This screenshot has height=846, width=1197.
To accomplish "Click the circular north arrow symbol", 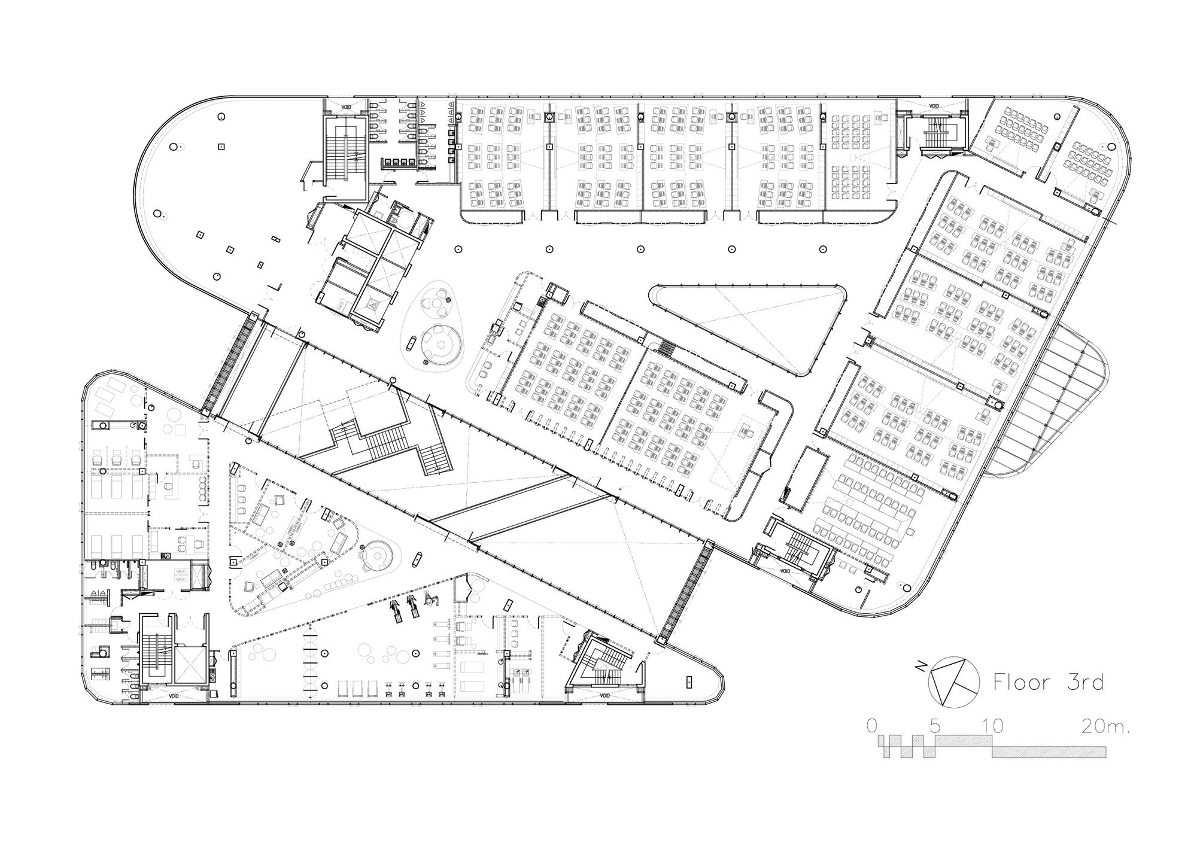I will pos(953,683).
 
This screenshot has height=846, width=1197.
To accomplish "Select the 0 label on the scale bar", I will pos(872,726).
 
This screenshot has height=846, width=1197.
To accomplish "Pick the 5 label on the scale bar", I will pos(935,726).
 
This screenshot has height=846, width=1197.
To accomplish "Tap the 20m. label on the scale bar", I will pos(1105,726).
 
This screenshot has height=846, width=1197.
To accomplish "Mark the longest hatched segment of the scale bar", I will pos(1049,752).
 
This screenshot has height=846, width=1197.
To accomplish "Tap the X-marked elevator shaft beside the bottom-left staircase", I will pos(190,664).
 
